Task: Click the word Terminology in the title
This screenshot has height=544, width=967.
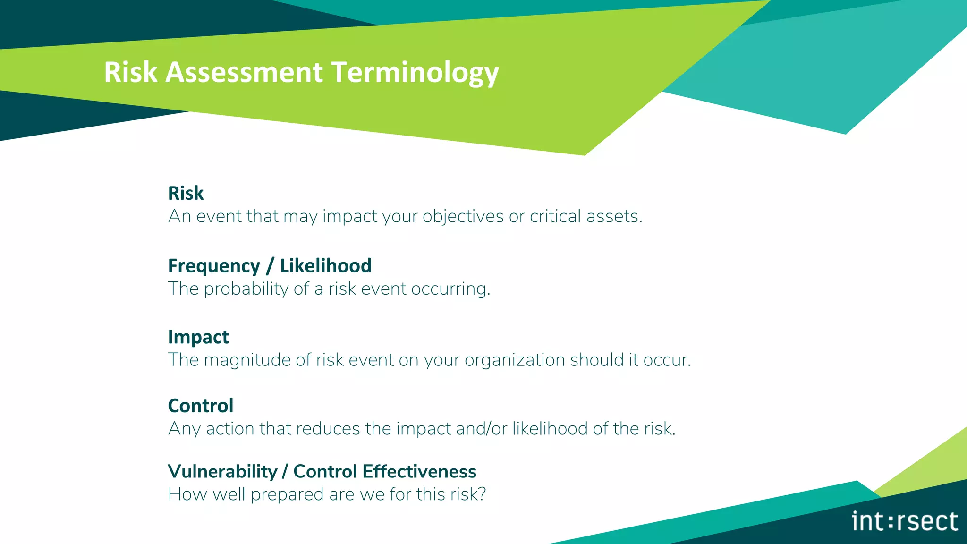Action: pos(415,72)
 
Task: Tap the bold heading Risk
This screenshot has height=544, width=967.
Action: pos(186,193)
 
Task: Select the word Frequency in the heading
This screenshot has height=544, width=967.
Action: pos(214,266)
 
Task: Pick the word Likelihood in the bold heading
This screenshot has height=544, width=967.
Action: pos(325,266)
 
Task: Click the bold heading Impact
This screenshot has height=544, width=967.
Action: pos(198,337)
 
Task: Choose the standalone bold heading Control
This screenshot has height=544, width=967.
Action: pos(201,406)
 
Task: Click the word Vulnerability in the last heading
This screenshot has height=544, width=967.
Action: pos(222,471)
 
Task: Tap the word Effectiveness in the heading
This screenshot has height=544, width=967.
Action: pos(419,471)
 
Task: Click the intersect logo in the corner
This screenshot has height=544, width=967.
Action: pos(904,521)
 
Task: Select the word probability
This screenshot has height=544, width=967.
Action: pos(246,289)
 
